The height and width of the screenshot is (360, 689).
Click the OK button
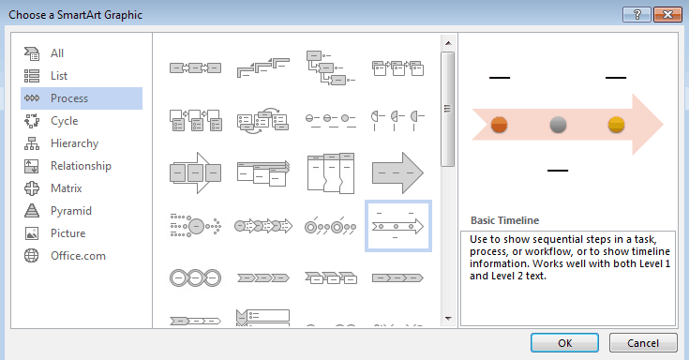pos(564,343)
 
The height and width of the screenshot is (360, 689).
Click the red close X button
pos(667,14)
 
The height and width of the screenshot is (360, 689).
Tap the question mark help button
pos(637,14)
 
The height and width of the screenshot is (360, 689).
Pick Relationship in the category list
pos(82,166)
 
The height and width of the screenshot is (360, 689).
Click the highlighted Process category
pos(82,98)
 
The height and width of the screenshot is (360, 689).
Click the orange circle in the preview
pos(499,125)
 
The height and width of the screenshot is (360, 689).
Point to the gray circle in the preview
pos(558,125)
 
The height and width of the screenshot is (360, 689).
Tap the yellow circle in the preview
pos(616,125)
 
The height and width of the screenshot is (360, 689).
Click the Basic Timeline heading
pos(504,220)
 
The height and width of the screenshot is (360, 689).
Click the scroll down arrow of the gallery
pos(448,318)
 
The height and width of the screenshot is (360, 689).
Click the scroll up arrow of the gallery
pos(448,43)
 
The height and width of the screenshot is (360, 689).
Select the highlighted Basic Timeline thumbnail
pos(398,226)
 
